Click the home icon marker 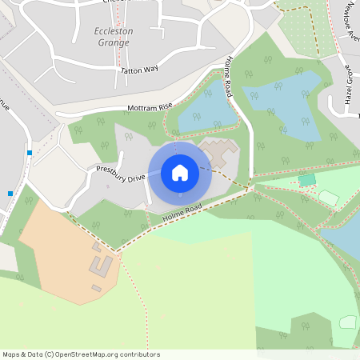click(x=180, y=172)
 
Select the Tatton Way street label click(x=139, y=70)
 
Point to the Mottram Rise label click(x=150, y=107)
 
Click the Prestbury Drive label click(x=121, y=174)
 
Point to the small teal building click(x=307, y=180)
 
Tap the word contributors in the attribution click(x=139, y=354)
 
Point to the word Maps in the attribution click(x=11, y=354)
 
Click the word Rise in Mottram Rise click(x=165, y=106)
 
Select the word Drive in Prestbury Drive click(x=135, y=178)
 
